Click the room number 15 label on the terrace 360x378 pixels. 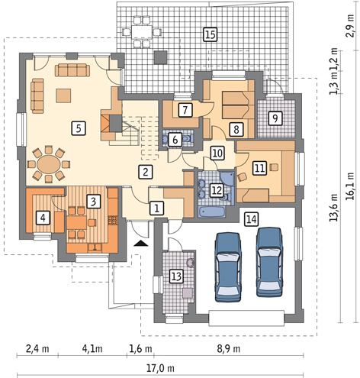211,34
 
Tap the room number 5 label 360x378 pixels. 79,128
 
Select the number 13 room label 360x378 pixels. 176,276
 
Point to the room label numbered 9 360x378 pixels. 275,118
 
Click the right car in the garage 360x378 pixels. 269,262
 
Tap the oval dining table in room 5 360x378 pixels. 48,164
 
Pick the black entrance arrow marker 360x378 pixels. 141,244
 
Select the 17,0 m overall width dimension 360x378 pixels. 160,368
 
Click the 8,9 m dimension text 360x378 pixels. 229,348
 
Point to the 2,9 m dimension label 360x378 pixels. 350,26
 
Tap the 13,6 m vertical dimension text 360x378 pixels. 334,208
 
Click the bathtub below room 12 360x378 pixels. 211,212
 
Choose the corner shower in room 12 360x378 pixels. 228,179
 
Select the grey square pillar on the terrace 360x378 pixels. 161,57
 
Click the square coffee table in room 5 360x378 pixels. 63,95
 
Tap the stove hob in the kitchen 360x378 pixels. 113,220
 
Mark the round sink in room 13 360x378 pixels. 191,263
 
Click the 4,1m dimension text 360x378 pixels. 92,348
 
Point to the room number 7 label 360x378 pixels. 185,110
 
